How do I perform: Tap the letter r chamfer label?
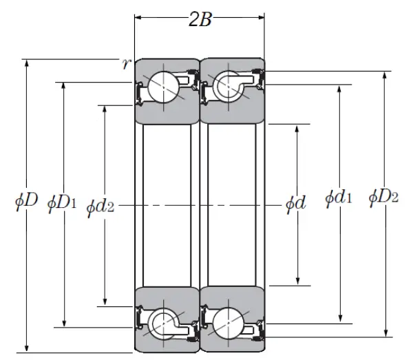[x=126, y=64]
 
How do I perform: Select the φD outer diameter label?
[x=25, y=202]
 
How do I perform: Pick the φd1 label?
[x=339, y=199]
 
